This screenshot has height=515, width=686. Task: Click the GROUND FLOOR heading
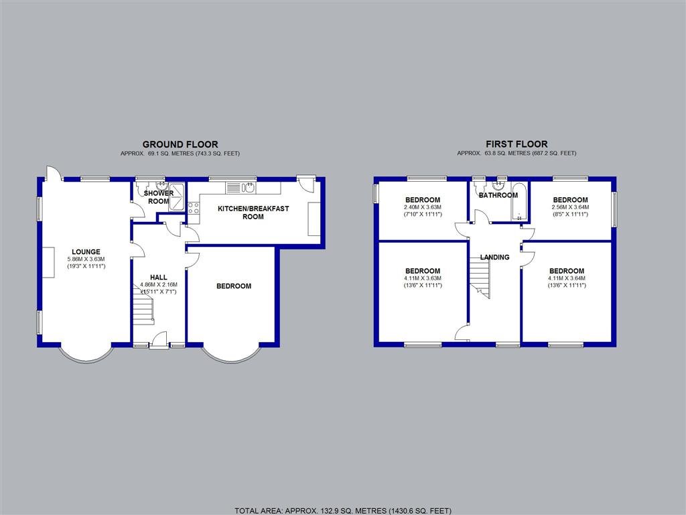click(180, 144)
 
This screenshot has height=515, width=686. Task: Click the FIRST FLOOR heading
click(517, 144)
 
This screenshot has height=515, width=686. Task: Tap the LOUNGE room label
click(86, 252)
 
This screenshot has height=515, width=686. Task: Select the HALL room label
click(159, 277)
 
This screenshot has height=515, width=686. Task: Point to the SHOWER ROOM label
click(159, 197)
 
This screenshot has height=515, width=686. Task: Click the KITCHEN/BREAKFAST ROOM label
click(253, 213)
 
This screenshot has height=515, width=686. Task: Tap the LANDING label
click(494, 257)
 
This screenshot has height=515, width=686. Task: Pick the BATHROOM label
click(498, 195)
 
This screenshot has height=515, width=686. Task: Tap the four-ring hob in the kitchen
click(194, 208)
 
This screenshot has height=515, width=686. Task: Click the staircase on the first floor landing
click(480, 278)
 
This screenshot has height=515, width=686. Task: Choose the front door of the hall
click(159, 341)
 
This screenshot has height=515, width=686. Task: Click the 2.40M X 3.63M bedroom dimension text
click(422, 207)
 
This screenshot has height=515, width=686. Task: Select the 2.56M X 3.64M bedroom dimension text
click(570, 207)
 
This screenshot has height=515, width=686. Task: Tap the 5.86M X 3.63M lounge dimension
click(86, 260)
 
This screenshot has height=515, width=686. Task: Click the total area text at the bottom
click(343, 510)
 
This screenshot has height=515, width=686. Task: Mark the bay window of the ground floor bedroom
click(230, 355)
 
